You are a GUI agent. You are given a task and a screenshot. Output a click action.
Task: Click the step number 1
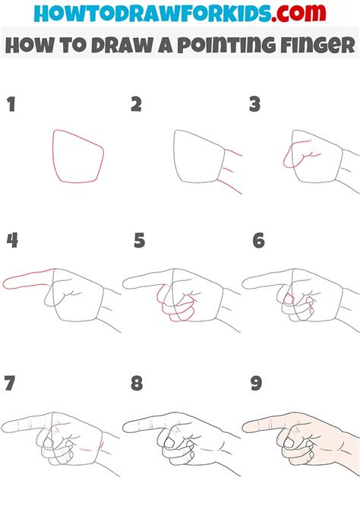[11, 105]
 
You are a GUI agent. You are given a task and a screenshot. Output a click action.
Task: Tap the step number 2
[136, 105]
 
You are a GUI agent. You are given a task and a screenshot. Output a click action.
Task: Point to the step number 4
[12, 242]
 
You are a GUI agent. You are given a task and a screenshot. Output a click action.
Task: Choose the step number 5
[139, 242]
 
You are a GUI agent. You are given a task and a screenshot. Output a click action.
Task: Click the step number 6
[258, 242]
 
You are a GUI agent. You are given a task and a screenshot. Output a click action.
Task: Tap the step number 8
[137, 383]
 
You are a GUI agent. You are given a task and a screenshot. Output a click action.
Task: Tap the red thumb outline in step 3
[290, 156]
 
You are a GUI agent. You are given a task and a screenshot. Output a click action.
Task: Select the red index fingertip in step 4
[8, 284]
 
